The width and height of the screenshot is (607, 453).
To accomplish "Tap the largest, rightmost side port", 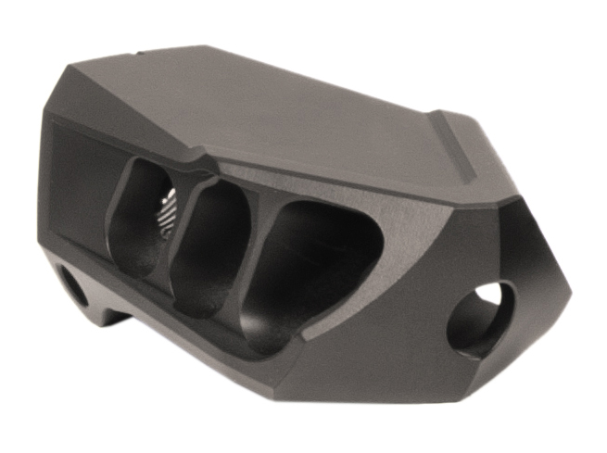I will [306, 269].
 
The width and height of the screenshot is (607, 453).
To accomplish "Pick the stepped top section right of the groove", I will [491, 157].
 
